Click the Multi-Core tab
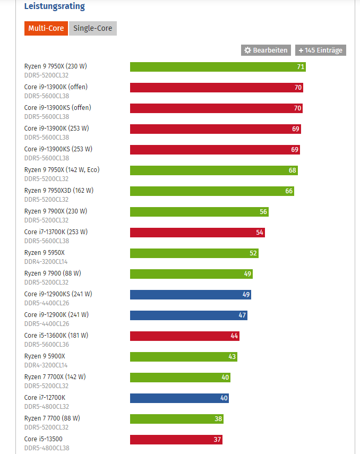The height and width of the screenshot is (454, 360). [46, 29]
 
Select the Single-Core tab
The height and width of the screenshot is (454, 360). [93, 29]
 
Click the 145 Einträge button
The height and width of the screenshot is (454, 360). [321, 50]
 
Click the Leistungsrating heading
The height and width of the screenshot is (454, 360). [54, 7]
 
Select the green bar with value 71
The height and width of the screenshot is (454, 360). [218, 67]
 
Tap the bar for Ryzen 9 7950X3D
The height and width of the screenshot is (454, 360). [212, 191]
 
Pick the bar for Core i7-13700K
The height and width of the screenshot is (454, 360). [197, 233]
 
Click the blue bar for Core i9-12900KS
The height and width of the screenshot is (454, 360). [190, 295]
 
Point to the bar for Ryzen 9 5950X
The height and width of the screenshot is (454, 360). [194, 253]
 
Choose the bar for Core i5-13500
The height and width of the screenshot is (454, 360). [176, 440]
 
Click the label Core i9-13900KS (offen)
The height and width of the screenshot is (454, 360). [57, 108]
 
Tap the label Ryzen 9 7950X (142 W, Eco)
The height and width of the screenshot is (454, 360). [62, 170]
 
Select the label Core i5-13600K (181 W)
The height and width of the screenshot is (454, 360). [56, 336]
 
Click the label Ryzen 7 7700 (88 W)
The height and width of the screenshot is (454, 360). [52, 418]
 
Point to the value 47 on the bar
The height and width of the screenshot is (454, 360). [242, 315]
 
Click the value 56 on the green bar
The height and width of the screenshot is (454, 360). [263, 212]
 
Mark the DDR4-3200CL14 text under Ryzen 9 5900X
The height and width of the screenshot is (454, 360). [46, 365]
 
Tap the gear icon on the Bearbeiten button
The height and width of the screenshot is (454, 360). [247, 50]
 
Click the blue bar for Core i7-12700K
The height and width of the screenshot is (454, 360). [179, 398]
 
